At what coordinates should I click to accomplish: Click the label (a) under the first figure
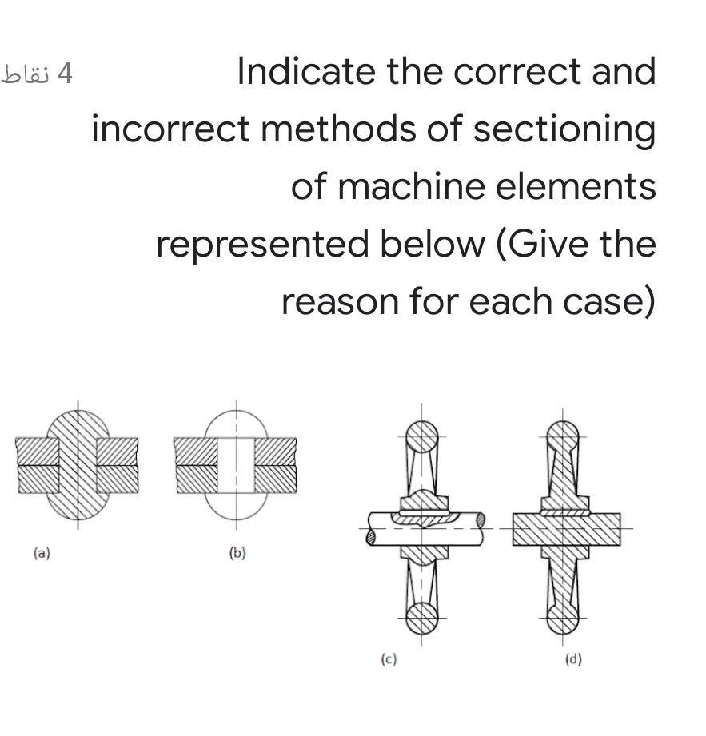point(42,552)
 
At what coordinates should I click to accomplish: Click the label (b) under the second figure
point(237,552)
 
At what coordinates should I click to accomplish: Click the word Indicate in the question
point(307,72)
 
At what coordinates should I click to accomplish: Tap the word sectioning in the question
point(564,129)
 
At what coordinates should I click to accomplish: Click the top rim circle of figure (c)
point(421,436)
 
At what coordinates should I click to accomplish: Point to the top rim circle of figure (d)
point(563,436)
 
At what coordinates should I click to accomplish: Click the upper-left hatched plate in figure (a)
point(38,451)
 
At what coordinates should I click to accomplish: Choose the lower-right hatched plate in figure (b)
point(274,478)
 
